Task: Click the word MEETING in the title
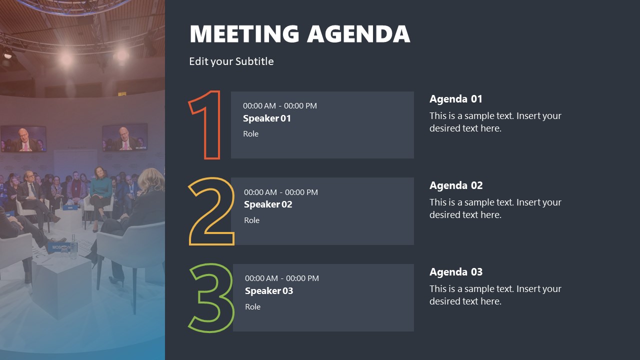[x=244, y=34]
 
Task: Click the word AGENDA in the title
[x=358, y=34]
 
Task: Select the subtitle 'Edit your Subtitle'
[x=231, y=61]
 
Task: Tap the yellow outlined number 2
[x=211, y=211]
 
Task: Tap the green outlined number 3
[x=211, y=298]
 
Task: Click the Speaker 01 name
[x=266, y=118]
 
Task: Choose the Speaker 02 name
[x=267, y=204]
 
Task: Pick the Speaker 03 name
[x=268, y=291]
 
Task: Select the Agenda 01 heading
[x=455, y=99]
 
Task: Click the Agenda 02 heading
[x=455, y=185]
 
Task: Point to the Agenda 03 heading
[x=455, y=272]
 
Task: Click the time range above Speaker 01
[x=279, y=106]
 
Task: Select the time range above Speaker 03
[x=281, y=278]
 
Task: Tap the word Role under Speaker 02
[x=251, y=220]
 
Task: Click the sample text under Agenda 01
[x=495, y=122]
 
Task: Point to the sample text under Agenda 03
[x=495, y=295]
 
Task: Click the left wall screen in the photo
[x=23, y=138]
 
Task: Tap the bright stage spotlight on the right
[x=121, y=54]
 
